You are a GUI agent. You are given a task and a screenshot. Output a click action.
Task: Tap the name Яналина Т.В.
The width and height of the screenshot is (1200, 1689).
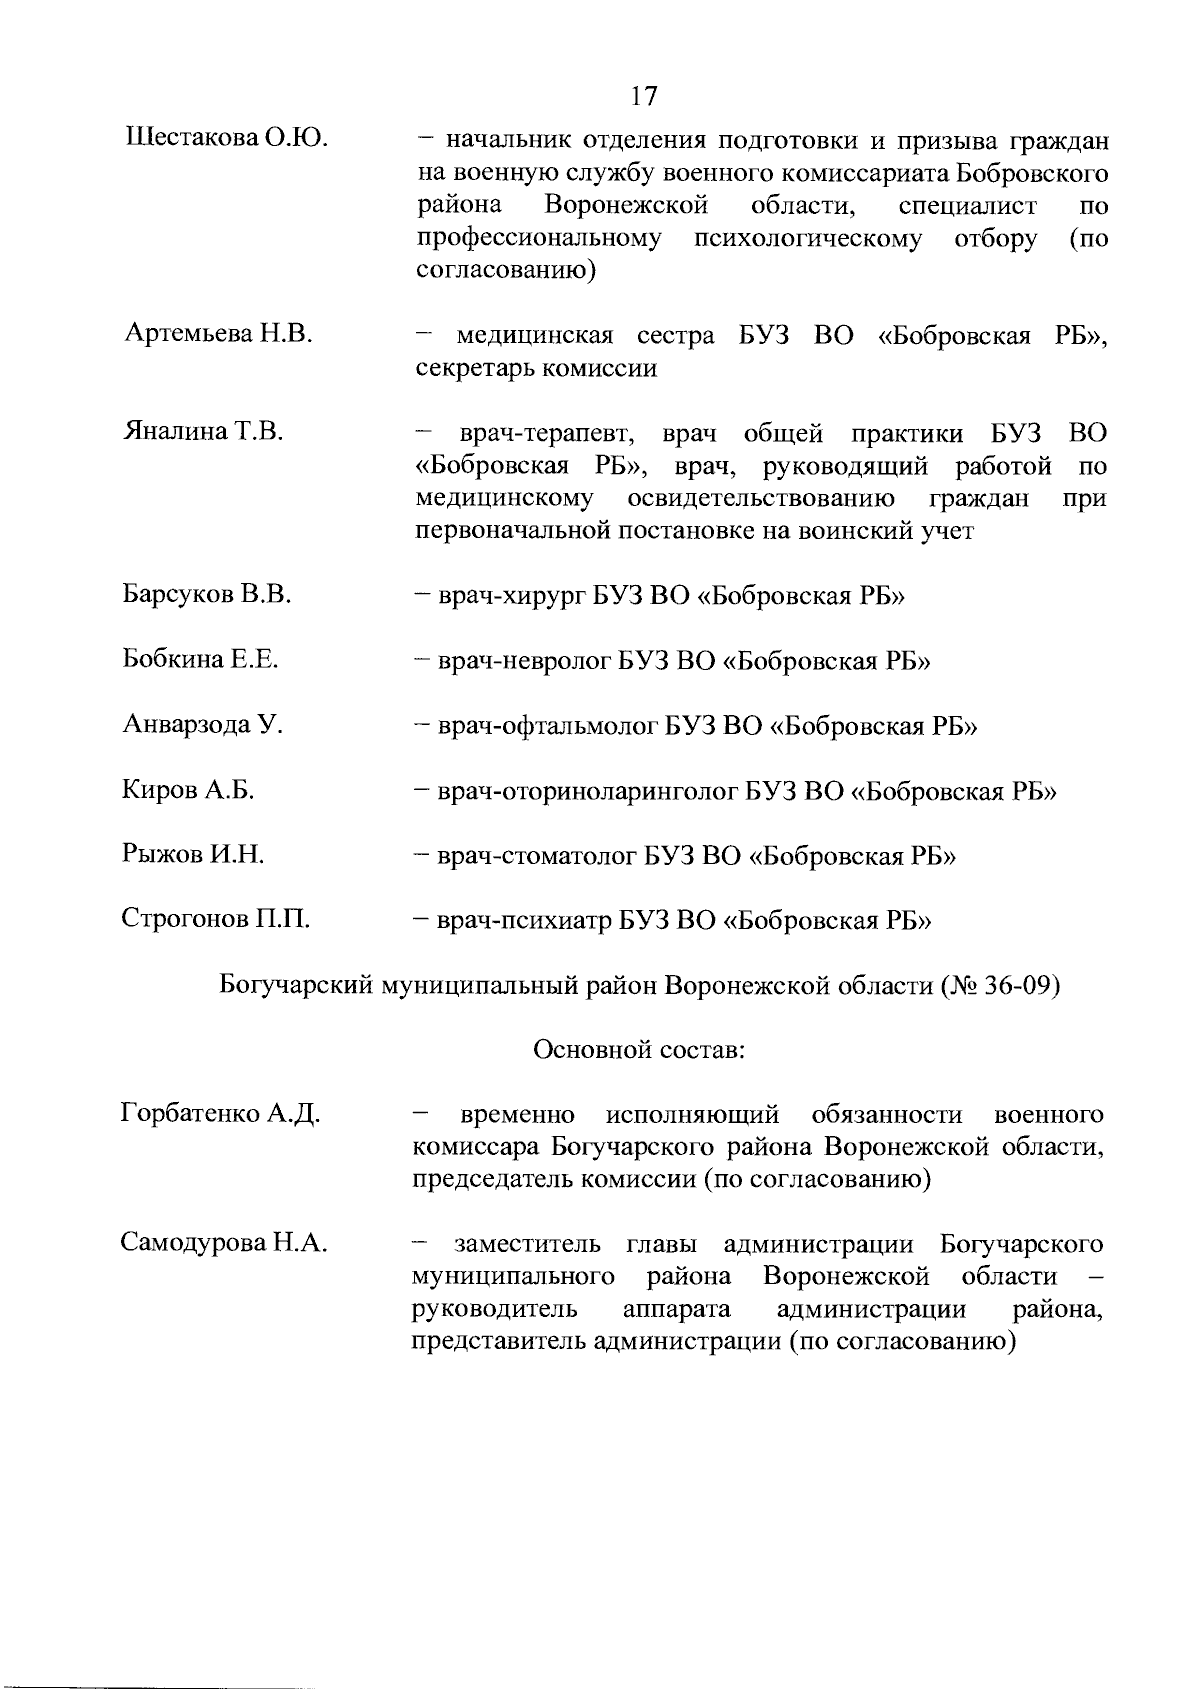click(x=204, y=432)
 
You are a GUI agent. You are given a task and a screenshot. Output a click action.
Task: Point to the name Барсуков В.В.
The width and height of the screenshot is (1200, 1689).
click(x=207, y=595)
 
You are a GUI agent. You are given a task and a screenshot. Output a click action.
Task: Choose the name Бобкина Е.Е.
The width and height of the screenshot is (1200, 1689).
click(x=200, y=660)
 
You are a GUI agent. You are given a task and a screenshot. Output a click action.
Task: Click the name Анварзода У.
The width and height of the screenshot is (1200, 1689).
click(x=203, y=725)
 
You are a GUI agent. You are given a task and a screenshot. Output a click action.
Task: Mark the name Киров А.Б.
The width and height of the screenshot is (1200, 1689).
click(x=188, y=790)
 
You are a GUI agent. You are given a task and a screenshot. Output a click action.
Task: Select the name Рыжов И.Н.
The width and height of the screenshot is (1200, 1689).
click(x=193, y=855)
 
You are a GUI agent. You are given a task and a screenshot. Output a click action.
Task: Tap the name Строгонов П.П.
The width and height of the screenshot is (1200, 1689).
click(x=215, y=920)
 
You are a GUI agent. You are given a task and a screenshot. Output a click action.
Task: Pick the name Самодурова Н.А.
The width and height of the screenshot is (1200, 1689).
click(x=224, y=1244)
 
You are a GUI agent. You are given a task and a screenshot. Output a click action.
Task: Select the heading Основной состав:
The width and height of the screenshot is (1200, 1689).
click(x=640, y=1050)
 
